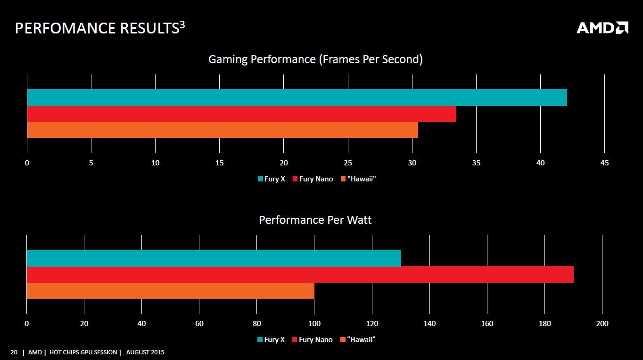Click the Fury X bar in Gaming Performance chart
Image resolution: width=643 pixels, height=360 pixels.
tap(297, 98)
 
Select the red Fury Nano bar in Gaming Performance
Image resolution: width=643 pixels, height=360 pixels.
tap(241, 114)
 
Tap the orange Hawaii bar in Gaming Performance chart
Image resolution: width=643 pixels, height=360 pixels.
tap(223, 130)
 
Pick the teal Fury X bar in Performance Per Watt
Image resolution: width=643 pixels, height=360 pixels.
tap(214, 258)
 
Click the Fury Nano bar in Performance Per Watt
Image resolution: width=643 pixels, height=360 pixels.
tap(300, 275)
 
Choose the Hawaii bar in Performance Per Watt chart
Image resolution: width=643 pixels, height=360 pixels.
tap(170, 291)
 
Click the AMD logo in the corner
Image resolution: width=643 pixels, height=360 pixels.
tap(602, 28)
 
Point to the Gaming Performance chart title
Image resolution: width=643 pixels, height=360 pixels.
tap(315, 59)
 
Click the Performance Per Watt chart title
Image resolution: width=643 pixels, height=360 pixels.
tap(315, 220)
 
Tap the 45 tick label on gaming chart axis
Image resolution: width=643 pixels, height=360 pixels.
tap(604, 163)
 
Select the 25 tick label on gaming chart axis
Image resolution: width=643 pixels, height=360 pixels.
tap(348, 163)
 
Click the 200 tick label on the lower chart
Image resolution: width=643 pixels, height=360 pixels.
tap(602, 324)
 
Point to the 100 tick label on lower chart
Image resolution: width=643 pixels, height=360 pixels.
tap(314, 324)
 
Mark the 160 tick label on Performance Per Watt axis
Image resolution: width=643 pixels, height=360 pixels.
tap(487, 324)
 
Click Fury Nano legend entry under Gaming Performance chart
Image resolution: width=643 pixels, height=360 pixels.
tap(313, 179)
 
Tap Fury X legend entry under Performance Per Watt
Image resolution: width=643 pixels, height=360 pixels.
tap(271, 340)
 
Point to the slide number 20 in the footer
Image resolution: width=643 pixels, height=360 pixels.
tap(14, 352)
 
